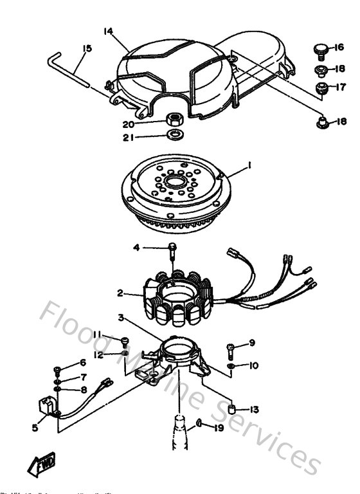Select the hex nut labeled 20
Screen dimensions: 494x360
172,119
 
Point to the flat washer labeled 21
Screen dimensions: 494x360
172,136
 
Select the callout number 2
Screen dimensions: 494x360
120,293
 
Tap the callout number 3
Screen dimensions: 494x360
120,317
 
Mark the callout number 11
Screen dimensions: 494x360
97,333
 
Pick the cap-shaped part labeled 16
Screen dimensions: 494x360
318,49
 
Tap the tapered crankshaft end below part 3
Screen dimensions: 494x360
177,432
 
